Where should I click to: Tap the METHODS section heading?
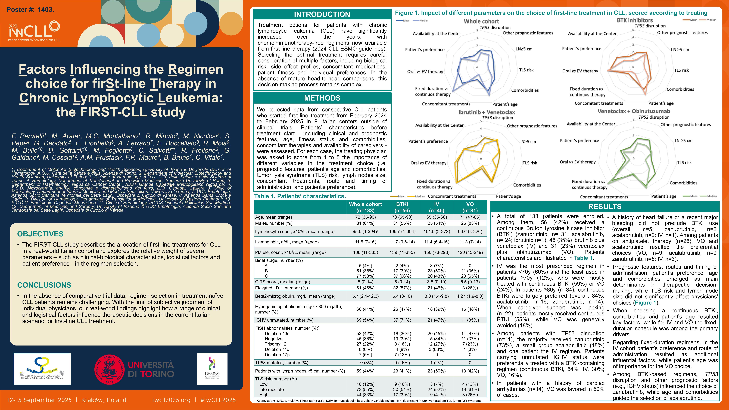(322, 98)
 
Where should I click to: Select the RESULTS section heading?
(605, 207)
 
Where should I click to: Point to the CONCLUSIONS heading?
(44, 285)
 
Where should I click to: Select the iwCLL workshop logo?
(34, 32)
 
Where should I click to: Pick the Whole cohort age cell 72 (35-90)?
(365, 217)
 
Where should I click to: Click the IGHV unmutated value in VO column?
(470, 320)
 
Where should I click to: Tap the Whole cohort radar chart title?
(481, 21)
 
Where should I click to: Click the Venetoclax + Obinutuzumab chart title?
(634, 111)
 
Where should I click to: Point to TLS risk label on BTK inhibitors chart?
(681, 70)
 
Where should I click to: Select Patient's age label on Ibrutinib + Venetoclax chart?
(508, 196)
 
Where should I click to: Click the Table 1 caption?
(300, 196)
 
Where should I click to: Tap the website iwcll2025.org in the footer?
(171, 400)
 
